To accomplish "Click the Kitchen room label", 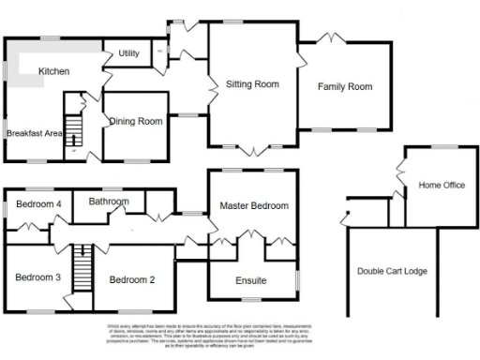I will (x=53, y=71).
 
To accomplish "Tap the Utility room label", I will (x=128, y=53).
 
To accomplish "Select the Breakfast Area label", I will (x=33, y=134).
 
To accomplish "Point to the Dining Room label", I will (x=137, y=121).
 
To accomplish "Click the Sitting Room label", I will (x=253, y=84).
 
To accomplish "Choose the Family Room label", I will (x=344, y=87).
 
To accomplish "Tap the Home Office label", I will (x=442, y=186).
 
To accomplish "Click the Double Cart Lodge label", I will (x=392, y=271).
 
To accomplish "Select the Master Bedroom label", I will (x=254, y=205).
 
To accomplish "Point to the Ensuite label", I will (x=250, y=280).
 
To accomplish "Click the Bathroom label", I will (x=109, y=201).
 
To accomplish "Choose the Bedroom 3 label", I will (x=37, y=277).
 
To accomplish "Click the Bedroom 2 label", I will (x=132, y=279).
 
